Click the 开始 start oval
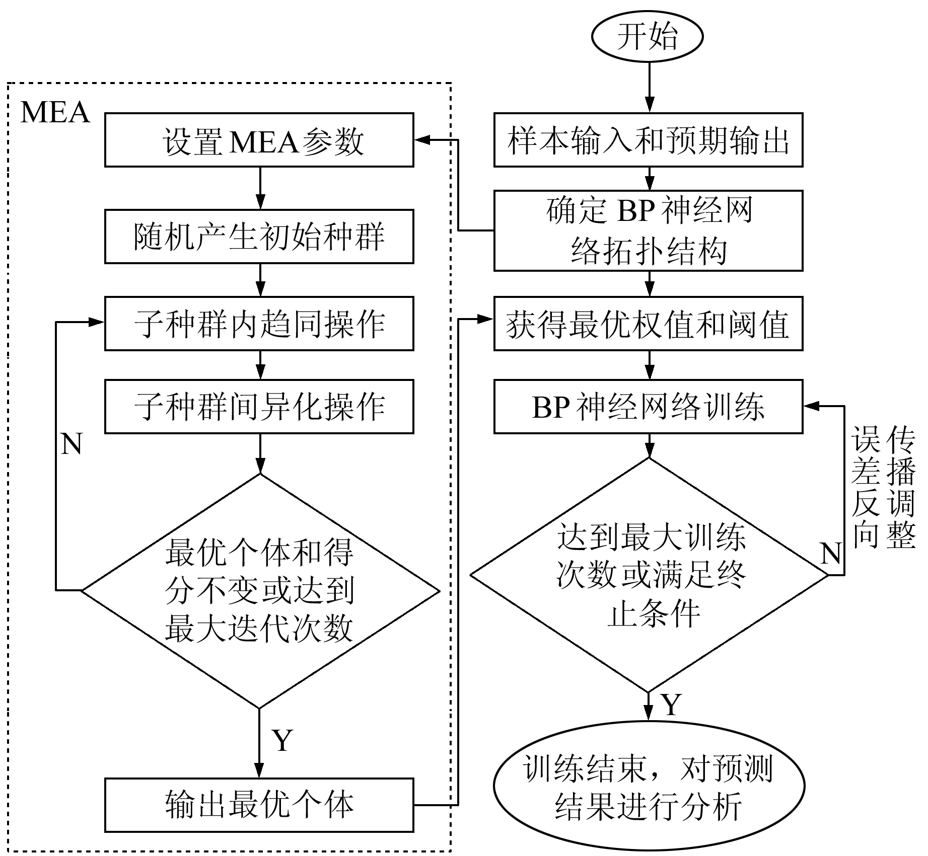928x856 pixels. pyautogui.click(x=647, y=37)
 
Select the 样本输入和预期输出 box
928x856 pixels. pyautogui.click(x=648, y=140)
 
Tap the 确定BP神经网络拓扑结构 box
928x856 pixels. pyautogui.click(x=648, y=230)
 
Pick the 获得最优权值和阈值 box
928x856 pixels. pyautogui.click(x=648, y=324)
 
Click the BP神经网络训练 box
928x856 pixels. pyautogui.click(x=648, y=407)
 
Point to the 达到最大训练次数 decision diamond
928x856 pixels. pyautogui.click(x=649, y=575)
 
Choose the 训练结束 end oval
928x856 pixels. pyautogui.click(x=649, y=787)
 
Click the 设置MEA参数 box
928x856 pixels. pyautogui.click(x=259, y=140)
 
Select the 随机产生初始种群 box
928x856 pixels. pyautogui.click(x=259, y=237)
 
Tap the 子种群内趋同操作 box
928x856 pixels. pyautogui.click(x=259, y=324)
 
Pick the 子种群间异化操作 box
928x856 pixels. pyautogui.click(x=259, y=407)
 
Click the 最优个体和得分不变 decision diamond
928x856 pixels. pyautogui.click(x=260, y=590)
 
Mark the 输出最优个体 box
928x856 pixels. pyautogui.click(x=259, y=805)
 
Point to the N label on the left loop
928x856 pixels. pyautogui.click(x=72, y=444)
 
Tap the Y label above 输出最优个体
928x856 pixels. pyautogui.click(x=282, y=740)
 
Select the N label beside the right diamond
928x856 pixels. pyautogui.click(x=830, y=554)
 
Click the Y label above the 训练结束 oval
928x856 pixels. pyautogui.click(x=671, y=705)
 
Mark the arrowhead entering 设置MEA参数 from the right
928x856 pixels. pyautogui.click(x=420, y=140)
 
